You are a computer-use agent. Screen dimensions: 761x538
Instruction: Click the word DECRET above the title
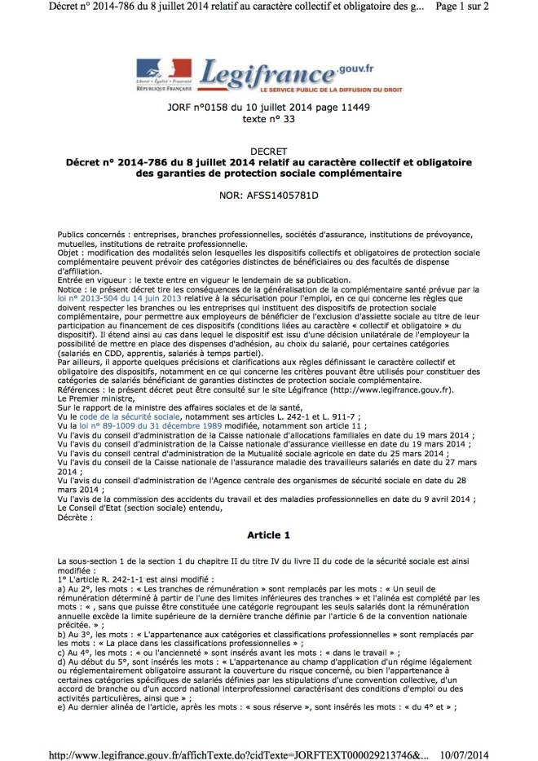tap(268, 152)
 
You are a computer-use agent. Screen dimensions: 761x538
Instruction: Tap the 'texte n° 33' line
tap(268, 119)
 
